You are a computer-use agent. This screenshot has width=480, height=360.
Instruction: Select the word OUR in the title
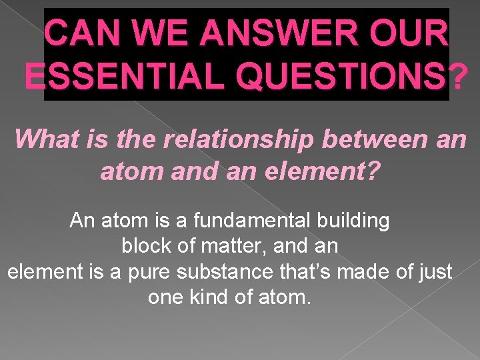407,33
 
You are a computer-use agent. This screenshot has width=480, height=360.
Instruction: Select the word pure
151,271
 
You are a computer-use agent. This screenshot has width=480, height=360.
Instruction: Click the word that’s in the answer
307,271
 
